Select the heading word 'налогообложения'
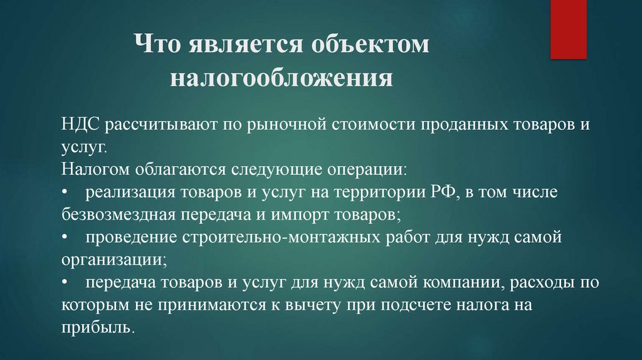point(282,80)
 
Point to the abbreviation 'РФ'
point(439,192)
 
